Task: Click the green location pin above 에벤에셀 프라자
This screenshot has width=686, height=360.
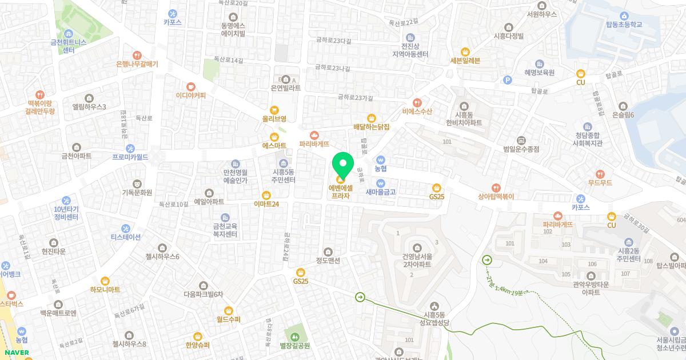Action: [x=342, y=164]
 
